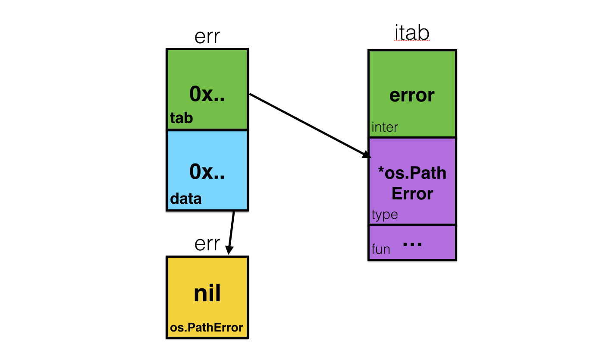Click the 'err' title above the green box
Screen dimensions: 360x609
(x=207, y=37)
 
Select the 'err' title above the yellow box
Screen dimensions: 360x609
(x=207, y=244)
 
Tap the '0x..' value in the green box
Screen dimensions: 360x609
(x=207, y=94)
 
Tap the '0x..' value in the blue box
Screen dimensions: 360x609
(x=207, y=172)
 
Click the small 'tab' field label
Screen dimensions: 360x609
(x=181, y=118)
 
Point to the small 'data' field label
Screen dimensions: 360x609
(x=185, y=199)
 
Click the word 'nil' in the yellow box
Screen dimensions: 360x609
(x=207, y=294)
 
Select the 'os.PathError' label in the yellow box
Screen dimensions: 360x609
(x=207, y=328)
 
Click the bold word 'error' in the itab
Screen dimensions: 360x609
(x=412, y=95)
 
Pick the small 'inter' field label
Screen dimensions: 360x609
(x=384, y=127)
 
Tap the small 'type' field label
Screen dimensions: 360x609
(x=384, y=215)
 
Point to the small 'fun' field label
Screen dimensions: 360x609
(x=380, y=249)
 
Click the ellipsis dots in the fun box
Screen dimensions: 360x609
(x=411, y=244)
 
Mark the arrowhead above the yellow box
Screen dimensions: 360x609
(x=229, y=250)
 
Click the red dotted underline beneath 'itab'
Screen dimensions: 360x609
(x=412, y=41)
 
